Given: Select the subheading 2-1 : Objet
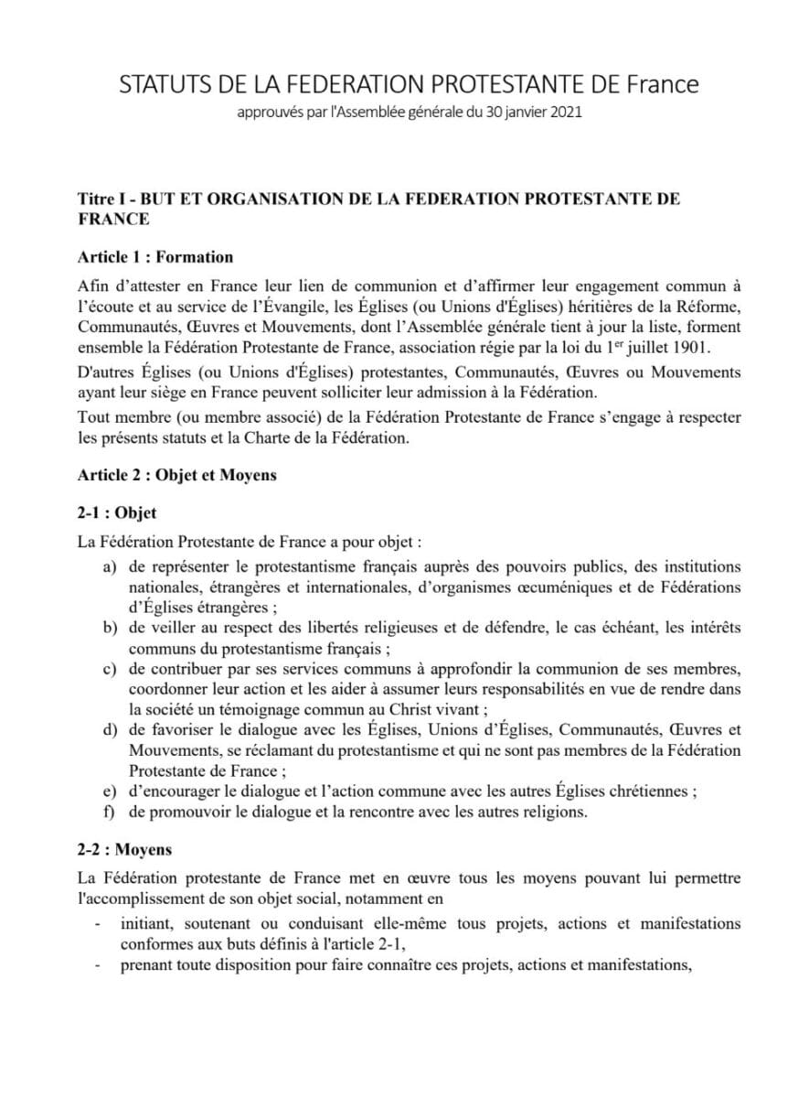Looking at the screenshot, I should [x=117, y=513].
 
